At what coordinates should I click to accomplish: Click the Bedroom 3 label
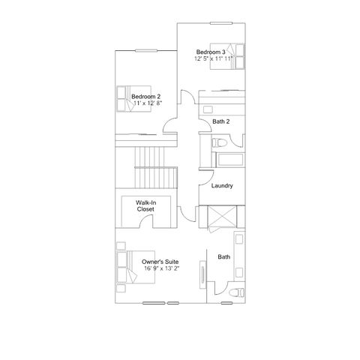211,52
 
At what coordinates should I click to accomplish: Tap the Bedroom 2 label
146,97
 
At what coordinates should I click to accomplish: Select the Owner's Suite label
160,262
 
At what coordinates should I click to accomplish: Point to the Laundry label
222,186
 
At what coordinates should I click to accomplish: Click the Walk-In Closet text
145,205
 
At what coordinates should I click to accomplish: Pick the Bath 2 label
221,121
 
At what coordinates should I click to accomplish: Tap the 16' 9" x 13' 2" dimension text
162,268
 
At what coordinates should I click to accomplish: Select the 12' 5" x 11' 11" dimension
214,58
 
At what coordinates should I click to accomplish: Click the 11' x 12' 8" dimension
148,103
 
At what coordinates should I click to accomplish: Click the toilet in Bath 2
219,143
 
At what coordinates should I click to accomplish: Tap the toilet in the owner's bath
237,292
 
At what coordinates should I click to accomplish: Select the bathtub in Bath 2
230,160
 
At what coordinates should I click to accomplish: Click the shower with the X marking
222,217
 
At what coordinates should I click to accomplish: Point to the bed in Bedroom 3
227,56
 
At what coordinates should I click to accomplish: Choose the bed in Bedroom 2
134,99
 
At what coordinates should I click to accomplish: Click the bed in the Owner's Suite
136,267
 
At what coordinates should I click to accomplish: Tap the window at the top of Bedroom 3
221,23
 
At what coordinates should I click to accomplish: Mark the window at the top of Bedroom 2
146,51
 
